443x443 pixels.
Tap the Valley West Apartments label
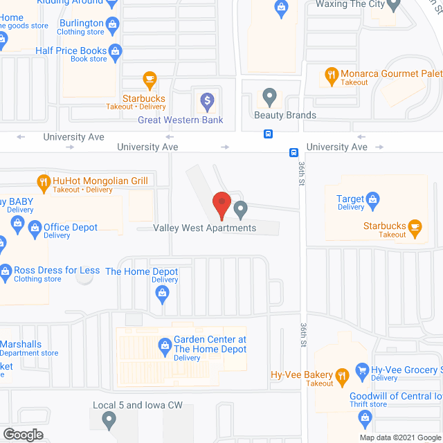click(x=205, y=228)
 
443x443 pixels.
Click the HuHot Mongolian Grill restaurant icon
click(x=43, y=182)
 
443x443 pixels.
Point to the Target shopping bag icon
click(x=372, y=201)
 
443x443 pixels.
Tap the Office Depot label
click(x=71, y=227)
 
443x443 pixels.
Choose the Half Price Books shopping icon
click(x=116, y=51)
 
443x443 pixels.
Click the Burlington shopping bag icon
click(x=114, y=24)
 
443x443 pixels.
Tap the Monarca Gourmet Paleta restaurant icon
click(x=332, y=75)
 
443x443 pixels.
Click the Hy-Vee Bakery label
click(x=302, y=376)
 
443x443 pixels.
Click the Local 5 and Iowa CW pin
click(x=109, y=419)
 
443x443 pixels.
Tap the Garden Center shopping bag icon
click(x=165, y=344)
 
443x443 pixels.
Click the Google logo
click(x=23, y=434)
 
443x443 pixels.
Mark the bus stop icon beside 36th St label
click(x=293, y=152)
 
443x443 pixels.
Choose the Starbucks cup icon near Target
click(x=415, y=227)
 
